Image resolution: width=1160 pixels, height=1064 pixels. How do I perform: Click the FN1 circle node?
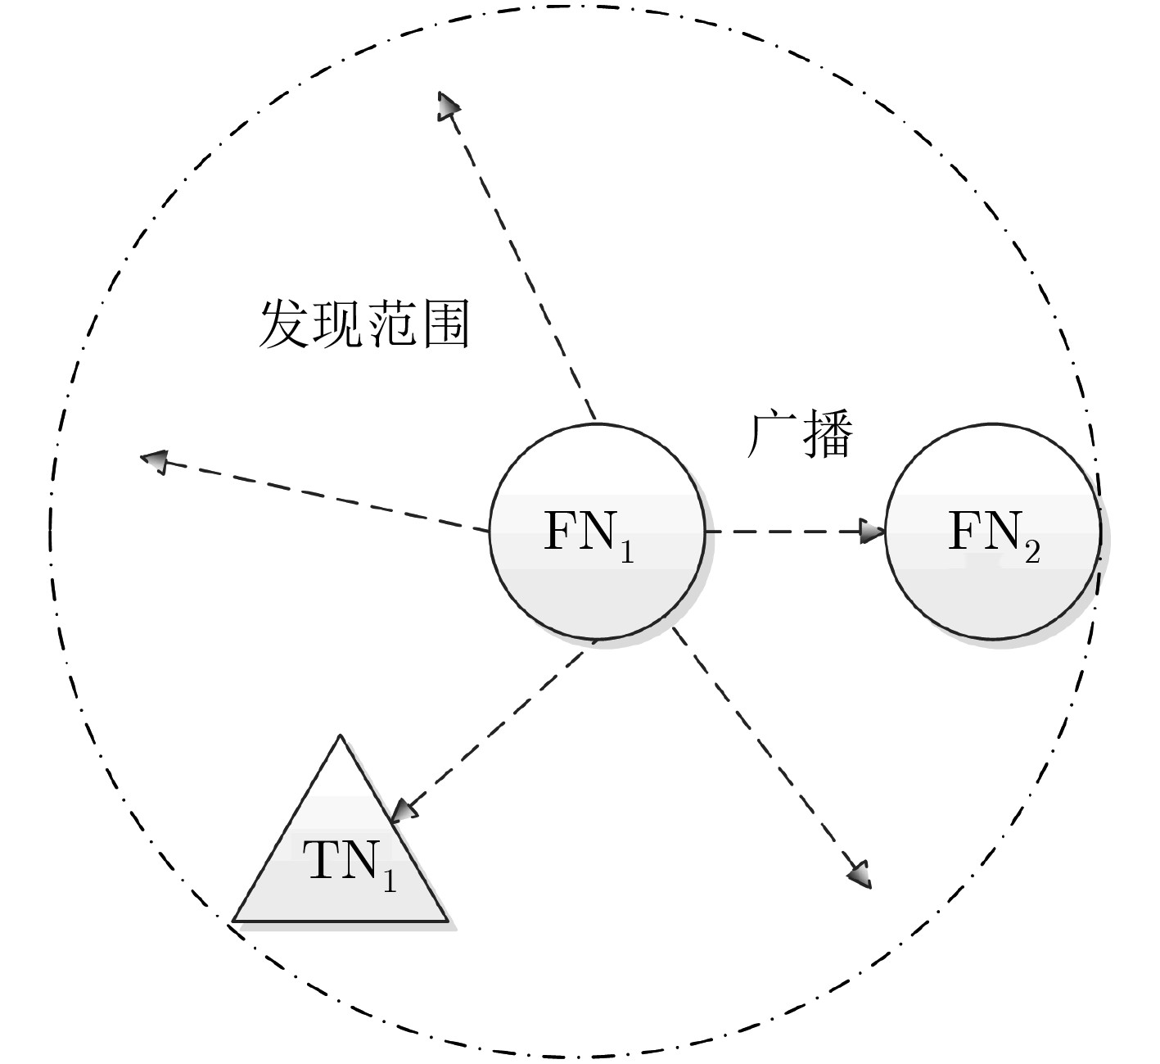597,573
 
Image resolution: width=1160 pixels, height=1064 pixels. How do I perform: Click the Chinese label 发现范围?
363,324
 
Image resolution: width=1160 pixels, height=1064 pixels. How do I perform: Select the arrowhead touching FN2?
873,532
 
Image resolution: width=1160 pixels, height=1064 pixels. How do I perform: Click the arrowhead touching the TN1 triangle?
404,811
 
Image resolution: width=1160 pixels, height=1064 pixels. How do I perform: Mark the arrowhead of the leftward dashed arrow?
154,461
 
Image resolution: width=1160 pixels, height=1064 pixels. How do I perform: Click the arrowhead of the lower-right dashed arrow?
860,875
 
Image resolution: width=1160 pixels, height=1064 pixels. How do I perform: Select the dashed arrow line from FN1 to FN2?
786,532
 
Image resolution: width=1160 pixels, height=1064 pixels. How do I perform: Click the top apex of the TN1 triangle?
339,738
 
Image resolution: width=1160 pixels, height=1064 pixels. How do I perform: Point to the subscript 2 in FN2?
1031,553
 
